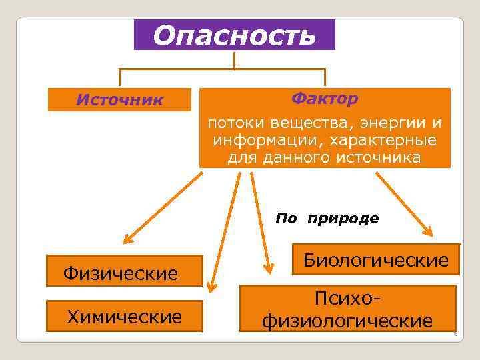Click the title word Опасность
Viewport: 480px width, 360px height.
[234, 35]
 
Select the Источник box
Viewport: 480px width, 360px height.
[119, 100]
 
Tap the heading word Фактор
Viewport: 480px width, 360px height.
[324, 99]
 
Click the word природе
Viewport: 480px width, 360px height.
[343, 218]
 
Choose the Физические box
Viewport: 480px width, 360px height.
[121, 273]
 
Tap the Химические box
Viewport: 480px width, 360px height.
[125, 316]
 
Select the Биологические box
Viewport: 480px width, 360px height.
[376, 259]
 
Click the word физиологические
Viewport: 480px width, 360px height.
[347, 321]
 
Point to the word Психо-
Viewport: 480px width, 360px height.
[347, 299]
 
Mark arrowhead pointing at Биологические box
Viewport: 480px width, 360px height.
[427, 231]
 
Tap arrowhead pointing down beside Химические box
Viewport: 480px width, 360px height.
[212, 287]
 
